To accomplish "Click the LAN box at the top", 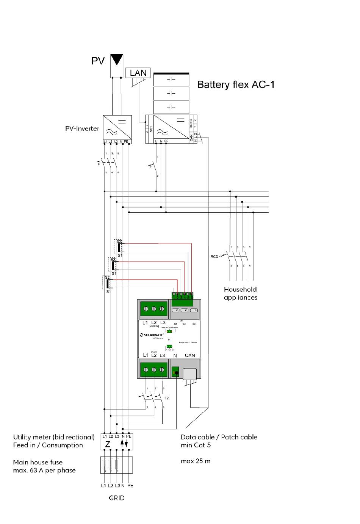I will [138, 73].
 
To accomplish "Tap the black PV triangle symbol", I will [117, 60].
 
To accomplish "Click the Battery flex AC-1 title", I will [236, 85].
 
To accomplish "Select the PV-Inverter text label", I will [82, 129].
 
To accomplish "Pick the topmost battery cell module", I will [171, 80].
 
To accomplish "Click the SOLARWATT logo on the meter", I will [152, 335].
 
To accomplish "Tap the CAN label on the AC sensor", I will [189, 355].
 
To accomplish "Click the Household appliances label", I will [240, 293].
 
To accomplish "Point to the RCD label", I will [214, 257].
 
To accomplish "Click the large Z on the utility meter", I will [108, 444].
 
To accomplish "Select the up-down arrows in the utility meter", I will [124, 444].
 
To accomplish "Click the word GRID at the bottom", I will [116, 498].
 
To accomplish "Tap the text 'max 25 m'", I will [196, 461].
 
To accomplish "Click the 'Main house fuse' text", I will [38, 462].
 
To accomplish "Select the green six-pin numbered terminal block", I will [183, 296].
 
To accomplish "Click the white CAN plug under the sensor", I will [190, 374].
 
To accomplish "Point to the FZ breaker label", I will [166, 398].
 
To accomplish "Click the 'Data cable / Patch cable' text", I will [219, 437].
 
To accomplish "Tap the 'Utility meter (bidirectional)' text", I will [53, 437].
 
